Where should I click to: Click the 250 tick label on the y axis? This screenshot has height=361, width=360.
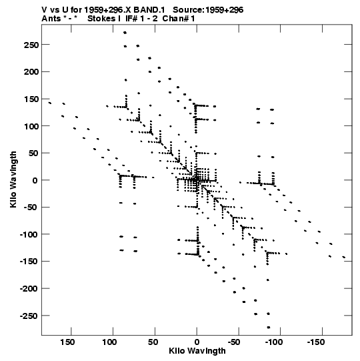pos(31,45)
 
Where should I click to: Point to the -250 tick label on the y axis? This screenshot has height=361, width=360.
pos(29,316)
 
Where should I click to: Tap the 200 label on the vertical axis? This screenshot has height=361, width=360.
pos(31,72)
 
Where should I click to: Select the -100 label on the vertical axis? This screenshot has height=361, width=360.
pos(29,235)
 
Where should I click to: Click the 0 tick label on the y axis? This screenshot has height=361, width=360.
pos(35,180)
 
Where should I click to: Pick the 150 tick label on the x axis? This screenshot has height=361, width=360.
pos(67,342)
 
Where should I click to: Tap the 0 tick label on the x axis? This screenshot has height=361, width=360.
pos(197,342)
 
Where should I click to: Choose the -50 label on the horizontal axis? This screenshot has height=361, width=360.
pos(235,342)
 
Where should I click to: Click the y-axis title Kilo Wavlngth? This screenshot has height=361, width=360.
pos(13,179)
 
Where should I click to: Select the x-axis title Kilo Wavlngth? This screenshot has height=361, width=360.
pos(197,351)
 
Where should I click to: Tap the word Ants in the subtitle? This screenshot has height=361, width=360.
pos(51,19)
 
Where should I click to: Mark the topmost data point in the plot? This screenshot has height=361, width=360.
pos(125,33)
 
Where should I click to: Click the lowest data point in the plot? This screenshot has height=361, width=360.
pos(269,328)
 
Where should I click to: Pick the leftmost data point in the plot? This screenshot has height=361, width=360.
pos(50,103)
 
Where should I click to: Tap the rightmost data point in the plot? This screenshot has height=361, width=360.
pos(344,257)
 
